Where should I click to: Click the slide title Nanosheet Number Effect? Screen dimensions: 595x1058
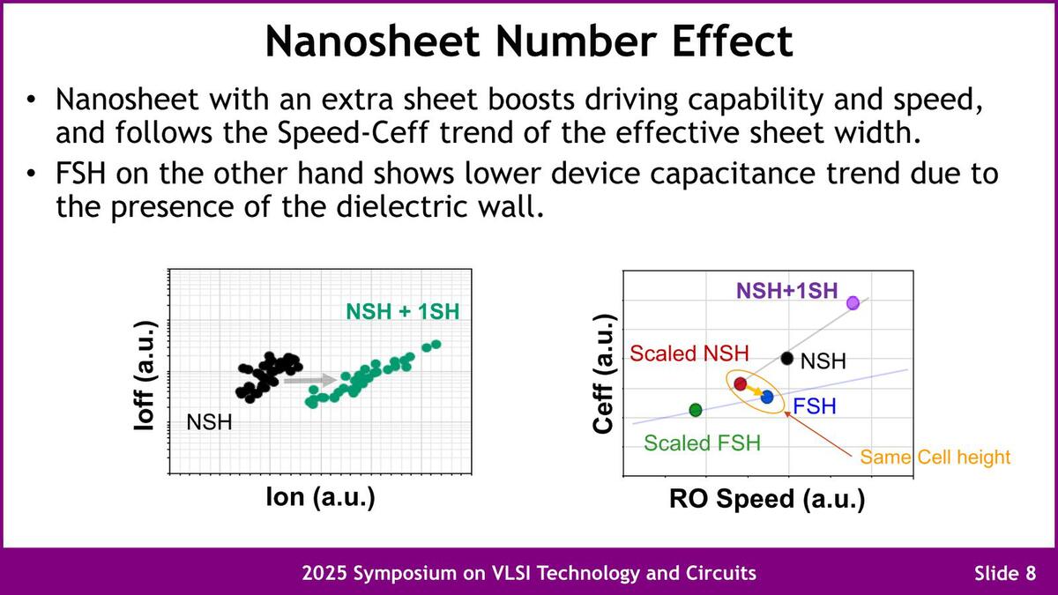(529, 41)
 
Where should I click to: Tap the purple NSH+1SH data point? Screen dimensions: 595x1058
(853, 303)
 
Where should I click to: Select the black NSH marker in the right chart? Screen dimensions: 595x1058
(787, 358)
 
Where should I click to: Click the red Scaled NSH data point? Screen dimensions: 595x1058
(741, 383)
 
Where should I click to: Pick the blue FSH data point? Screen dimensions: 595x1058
(767, 398)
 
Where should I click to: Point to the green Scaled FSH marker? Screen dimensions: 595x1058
(696, 410)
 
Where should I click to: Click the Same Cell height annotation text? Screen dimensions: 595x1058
(935, 457)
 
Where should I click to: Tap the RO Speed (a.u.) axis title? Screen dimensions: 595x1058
(766, 500)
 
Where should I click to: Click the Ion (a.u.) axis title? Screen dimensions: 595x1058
(321, 497)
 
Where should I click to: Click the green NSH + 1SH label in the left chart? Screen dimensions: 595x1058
(402, 311)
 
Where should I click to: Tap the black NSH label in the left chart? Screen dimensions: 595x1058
(210, 422)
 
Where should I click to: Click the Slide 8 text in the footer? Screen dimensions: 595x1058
(1004, 574)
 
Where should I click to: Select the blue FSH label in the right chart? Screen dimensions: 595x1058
(814, 406)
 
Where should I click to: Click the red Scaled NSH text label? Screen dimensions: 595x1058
(689, 354)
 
